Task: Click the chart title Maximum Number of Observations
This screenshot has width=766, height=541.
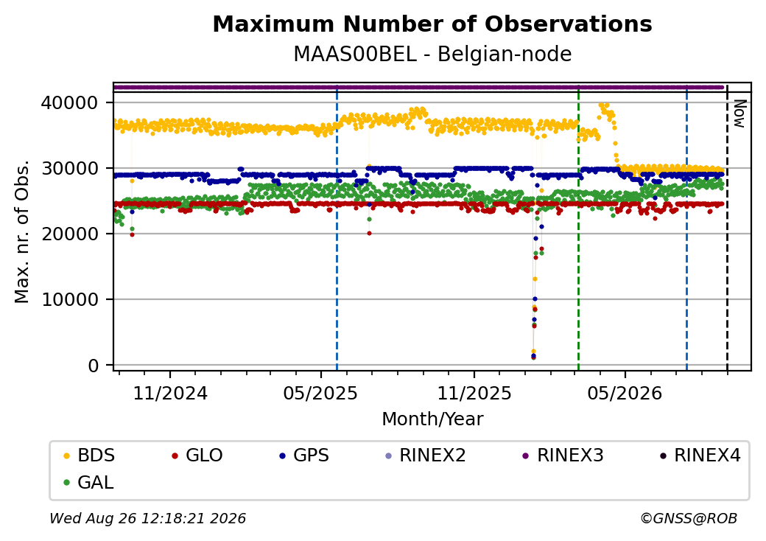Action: tap(432, 24)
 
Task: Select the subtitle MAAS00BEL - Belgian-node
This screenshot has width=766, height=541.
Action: tap(432, 55)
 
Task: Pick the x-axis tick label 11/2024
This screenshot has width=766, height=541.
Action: tap(170, 394)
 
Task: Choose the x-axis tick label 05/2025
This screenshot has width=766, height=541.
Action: tap(320, 394)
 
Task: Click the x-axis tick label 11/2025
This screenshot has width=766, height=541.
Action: tap(474, 394)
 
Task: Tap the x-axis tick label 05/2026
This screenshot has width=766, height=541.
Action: tap(625, 394)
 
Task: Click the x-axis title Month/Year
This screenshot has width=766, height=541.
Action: tap(432, 419)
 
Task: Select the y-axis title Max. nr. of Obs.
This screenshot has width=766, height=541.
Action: tap(22, 231)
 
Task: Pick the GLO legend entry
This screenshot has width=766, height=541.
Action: tap(197, 456)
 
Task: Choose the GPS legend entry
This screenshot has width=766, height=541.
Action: tap(304, 456)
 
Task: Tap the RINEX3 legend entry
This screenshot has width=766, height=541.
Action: tap(563, 456)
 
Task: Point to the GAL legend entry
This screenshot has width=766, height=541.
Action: tap(89, 482)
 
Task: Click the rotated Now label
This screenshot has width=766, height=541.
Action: tap(740, 114)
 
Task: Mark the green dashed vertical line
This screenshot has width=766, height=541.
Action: tap(578, 227)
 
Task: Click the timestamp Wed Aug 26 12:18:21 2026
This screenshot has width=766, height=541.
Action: tap(147, 518)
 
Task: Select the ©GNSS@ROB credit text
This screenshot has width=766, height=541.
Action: tap(689, 518)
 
